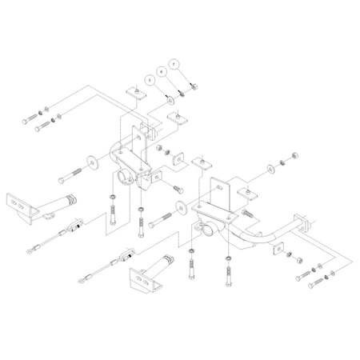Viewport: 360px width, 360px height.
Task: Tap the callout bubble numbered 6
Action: click(162, 70)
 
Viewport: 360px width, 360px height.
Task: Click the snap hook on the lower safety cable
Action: click(126, 258)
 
